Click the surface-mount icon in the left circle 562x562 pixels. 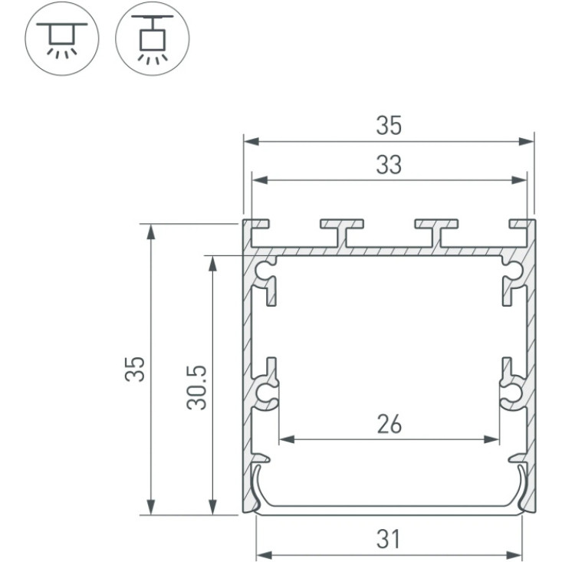click(x=61, y=38)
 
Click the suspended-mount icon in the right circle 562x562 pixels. click(x=153, y=38)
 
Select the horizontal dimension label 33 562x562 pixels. click(x=389, y=166)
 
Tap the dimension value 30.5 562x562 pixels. click(x=197, y=387)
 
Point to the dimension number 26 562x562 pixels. click(x=389, y=424)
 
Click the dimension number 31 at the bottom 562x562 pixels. click(x=388, y=539)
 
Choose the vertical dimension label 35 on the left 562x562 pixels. click(x=135, y=369)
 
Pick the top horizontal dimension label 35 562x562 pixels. click(x=389, y=126)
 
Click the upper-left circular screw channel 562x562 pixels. click(x=265, y=270)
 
